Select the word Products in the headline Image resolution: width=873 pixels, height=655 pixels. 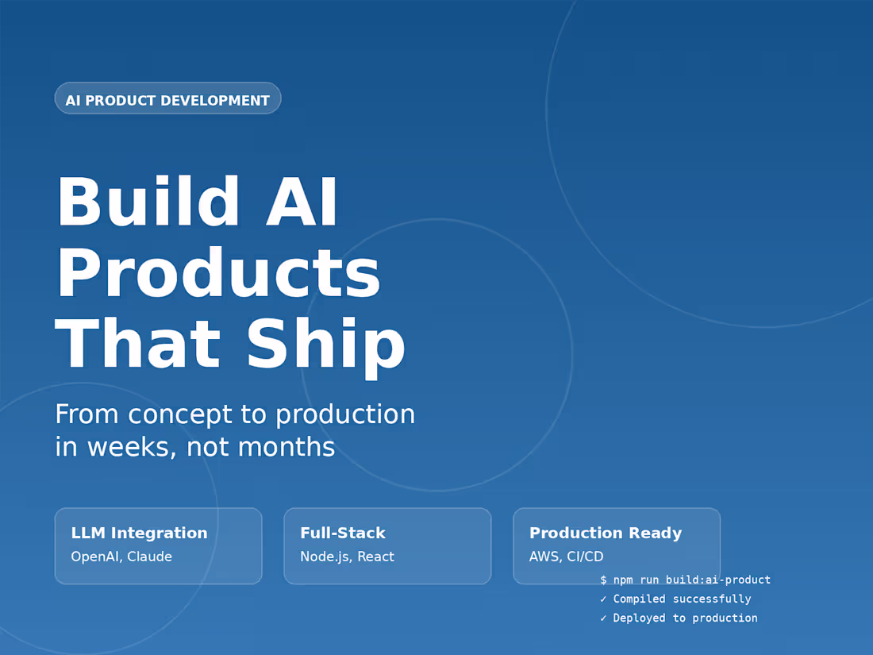click(x=218, y=274)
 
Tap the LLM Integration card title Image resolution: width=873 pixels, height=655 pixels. click(x=139, y=533)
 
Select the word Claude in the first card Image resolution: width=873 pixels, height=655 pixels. click(x=149, y=557)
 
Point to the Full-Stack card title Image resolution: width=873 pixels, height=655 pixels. click(x=343, y=533)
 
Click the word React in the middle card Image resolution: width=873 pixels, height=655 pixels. click(x=375, y=557)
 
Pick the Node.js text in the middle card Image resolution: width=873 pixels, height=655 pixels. click(x=325, y=557)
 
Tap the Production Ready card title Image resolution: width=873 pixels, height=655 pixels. click(x=606, y=533)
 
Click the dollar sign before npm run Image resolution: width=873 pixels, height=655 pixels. click(x=604, y=580)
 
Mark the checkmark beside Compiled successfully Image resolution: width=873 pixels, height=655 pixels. click(x=604, y=599)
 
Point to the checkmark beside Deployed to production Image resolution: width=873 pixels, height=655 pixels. click(x=604, y=618)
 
